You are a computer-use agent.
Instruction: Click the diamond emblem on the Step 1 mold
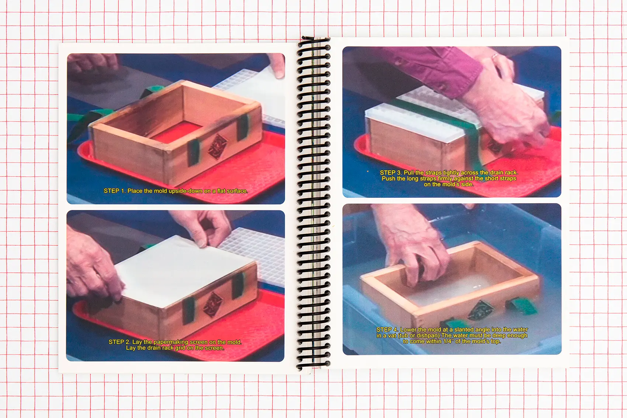pos(217,147)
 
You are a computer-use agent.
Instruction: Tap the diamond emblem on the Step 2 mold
pos(212,305)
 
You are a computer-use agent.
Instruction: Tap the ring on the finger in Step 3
pos(495,56)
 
